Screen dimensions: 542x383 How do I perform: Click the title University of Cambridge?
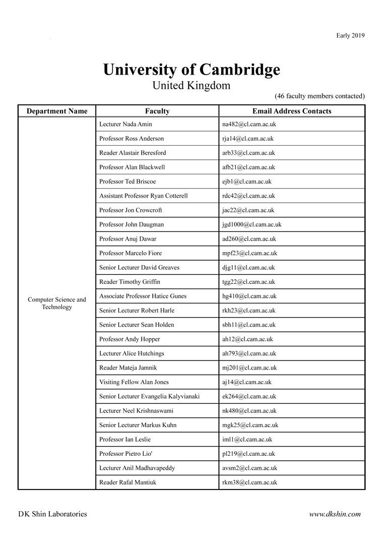point(191,70)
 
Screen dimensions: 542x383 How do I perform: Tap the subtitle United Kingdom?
point(191,85)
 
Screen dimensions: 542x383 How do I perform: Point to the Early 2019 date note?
point(350,35)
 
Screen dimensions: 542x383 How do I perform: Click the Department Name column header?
point(57,111)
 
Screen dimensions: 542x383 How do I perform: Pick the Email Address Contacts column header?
point(292,111)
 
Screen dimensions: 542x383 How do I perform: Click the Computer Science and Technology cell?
point(57,303)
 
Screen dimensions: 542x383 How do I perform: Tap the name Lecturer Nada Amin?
point(125,124)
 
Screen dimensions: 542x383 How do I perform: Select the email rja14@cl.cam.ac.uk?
point(248,139)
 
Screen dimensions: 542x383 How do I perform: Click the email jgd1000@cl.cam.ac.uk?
point(251,224)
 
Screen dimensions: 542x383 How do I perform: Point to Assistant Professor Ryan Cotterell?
point(144,196)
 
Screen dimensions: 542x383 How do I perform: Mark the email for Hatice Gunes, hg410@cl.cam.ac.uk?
point(249,296)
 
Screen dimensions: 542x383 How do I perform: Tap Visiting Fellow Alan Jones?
point(134,382)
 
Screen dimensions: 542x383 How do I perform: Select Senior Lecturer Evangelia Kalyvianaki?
point(149,396)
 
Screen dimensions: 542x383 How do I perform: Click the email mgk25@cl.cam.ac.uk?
point(250,425)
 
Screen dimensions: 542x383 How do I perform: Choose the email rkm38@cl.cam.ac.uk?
point(249,483)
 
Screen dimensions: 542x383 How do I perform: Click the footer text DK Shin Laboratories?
point(52,514)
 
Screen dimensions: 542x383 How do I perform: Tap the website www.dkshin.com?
point(335,514)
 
